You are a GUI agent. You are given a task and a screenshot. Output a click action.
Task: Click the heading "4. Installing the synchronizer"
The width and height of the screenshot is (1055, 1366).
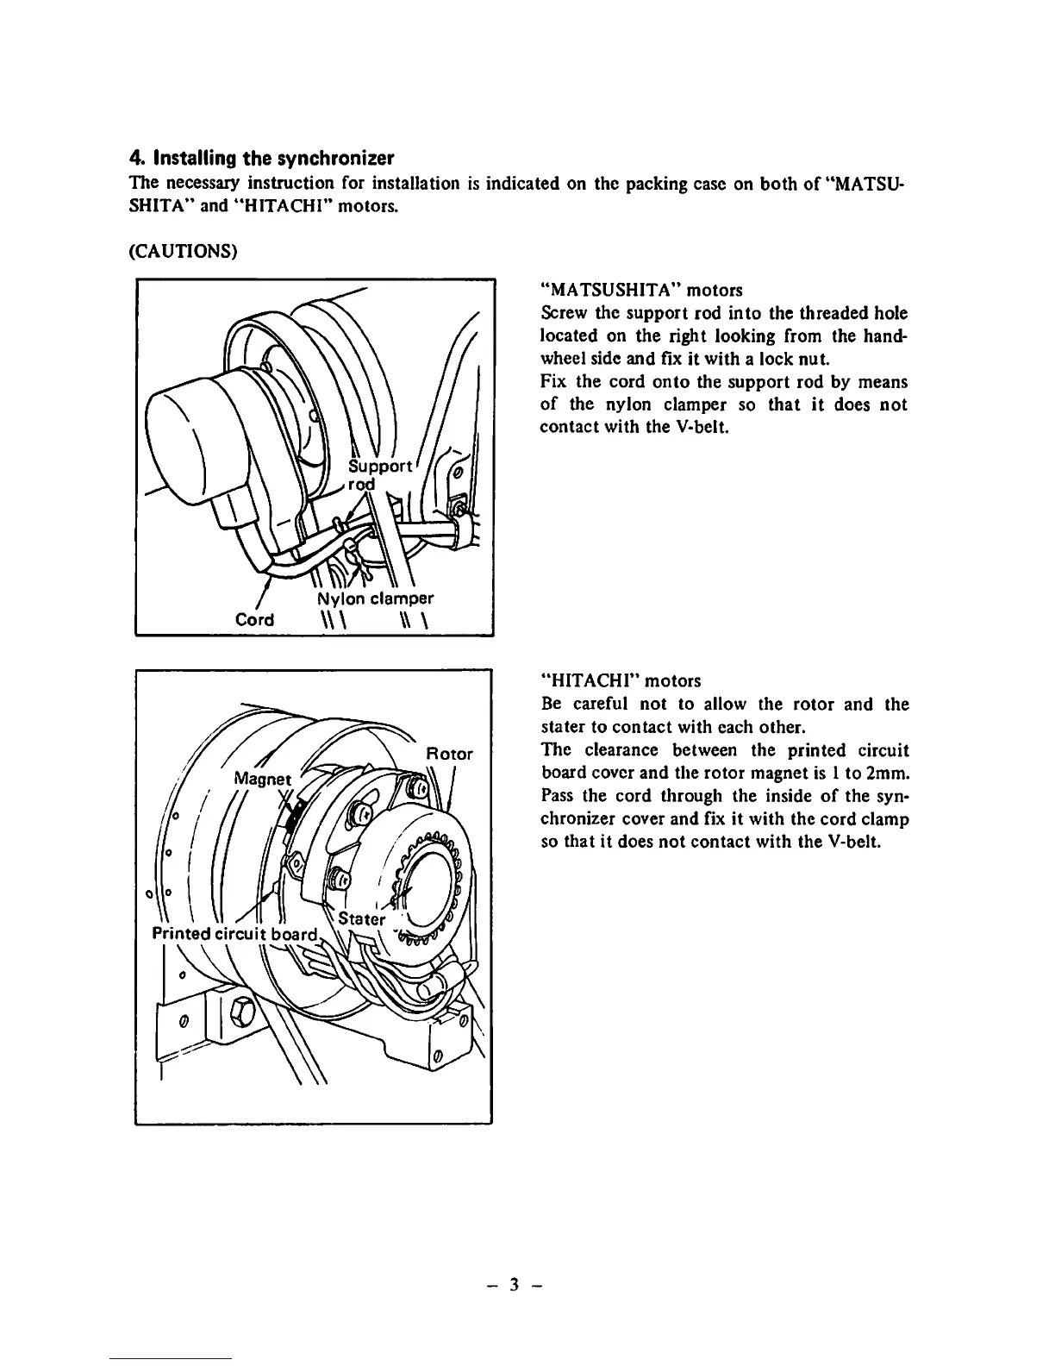(261, 159)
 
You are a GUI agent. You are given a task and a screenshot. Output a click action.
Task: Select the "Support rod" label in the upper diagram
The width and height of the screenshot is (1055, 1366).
(378, 474)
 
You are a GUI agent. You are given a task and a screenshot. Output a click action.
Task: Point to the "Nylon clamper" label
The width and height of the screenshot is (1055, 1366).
(371, 598)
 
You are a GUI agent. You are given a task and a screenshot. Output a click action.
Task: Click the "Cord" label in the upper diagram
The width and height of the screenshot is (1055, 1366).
(254, 619)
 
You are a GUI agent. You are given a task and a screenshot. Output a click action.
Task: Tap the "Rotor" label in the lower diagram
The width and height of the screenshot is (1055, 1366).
(450, 754)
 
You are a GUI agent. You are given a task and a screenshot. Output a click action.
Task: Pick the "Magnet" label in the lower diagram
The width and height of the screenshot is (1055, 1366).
(263, 779)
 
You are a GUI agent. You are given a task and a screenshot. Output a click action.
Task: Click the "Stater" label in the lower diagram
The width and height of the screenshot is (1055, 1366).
(362, 918)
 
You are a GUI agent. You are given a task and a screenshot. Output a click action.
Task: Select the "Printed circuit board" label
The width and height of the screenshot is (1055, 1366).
(235, 934)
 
